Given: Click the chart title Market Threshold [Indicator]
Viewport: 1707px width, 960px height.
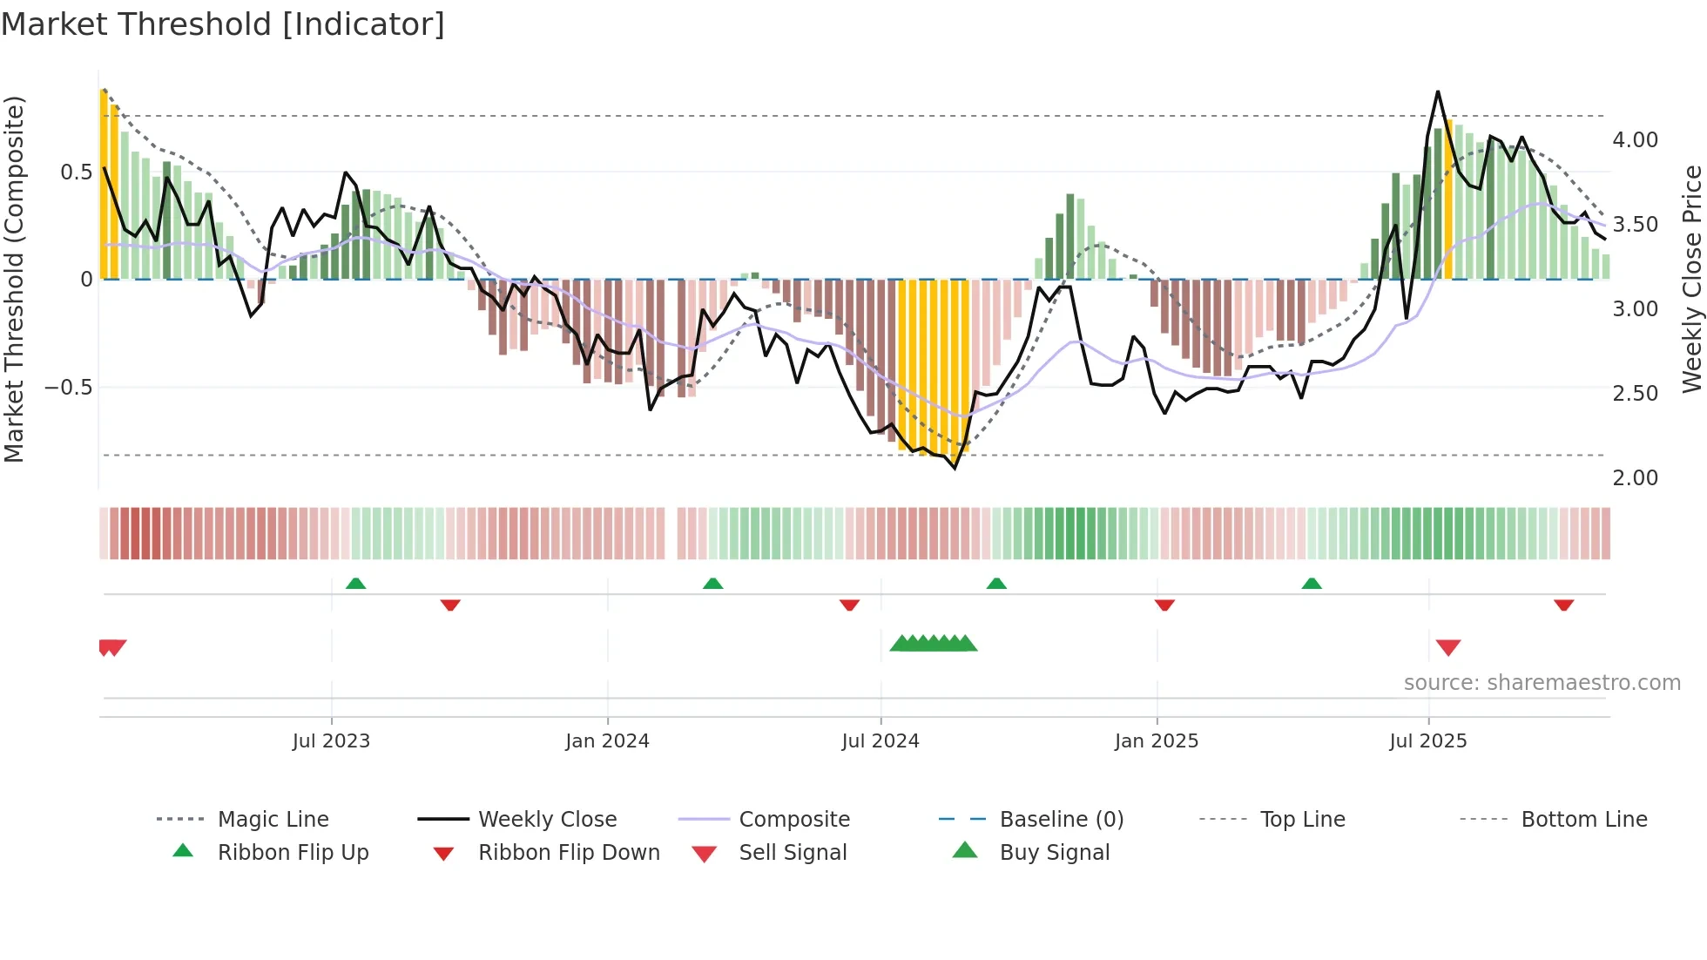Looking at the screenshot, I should click(x=223, y=24).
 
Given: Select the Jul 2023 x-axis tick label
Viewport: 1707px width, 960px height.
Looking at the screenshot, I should click(x=331, y=741).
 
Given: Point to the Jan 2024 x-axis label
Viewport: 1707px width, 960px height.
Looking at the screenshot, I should click(x=607, y=741).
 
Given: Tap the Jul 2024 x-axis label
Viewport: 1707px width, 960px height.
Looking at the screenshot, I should click(x=880, y=741).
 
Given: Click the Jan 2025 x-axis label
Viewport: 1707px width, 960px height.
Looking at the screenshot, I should click(x=1157, y=741).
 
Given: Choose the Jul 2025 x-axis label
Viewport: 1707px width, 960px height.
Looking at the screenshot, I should click(x=1428, y=741).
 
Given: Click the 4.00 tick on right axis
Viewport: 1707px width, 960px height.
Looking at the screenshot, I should click(x=1635, y=140).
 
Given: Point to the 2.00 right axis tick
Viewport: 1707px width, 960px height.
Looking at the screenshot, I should click(x=1635, y=478).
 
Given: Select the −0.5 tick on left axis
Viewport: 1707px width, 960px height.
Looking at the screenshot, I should click(x=69, y=388).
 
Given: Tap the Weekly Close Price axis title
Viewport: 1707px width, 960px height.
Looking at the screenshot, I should click(x=1691, y=279).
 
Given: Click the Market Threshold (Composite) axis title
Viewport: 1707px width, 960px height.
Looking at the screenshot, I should click(x=14, y=279).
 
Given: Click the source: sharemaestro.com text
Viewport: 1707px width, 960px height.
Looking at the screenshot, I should click(x=1542, y=683).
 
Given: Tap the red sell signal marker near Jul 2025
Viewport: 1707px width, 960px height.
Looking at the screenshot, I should click(x=1447, y=647).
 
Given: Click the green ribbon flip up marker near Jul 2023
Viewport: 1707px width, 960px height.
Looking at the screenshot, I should click(x=355, y=584).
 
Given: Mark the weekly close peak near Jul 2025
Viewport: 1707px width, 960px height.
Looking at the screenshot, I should click(x=1437, y=91).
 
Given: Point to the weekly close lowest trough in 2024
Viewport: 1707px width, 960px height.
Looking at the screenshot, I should click(x=955, y=469).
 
